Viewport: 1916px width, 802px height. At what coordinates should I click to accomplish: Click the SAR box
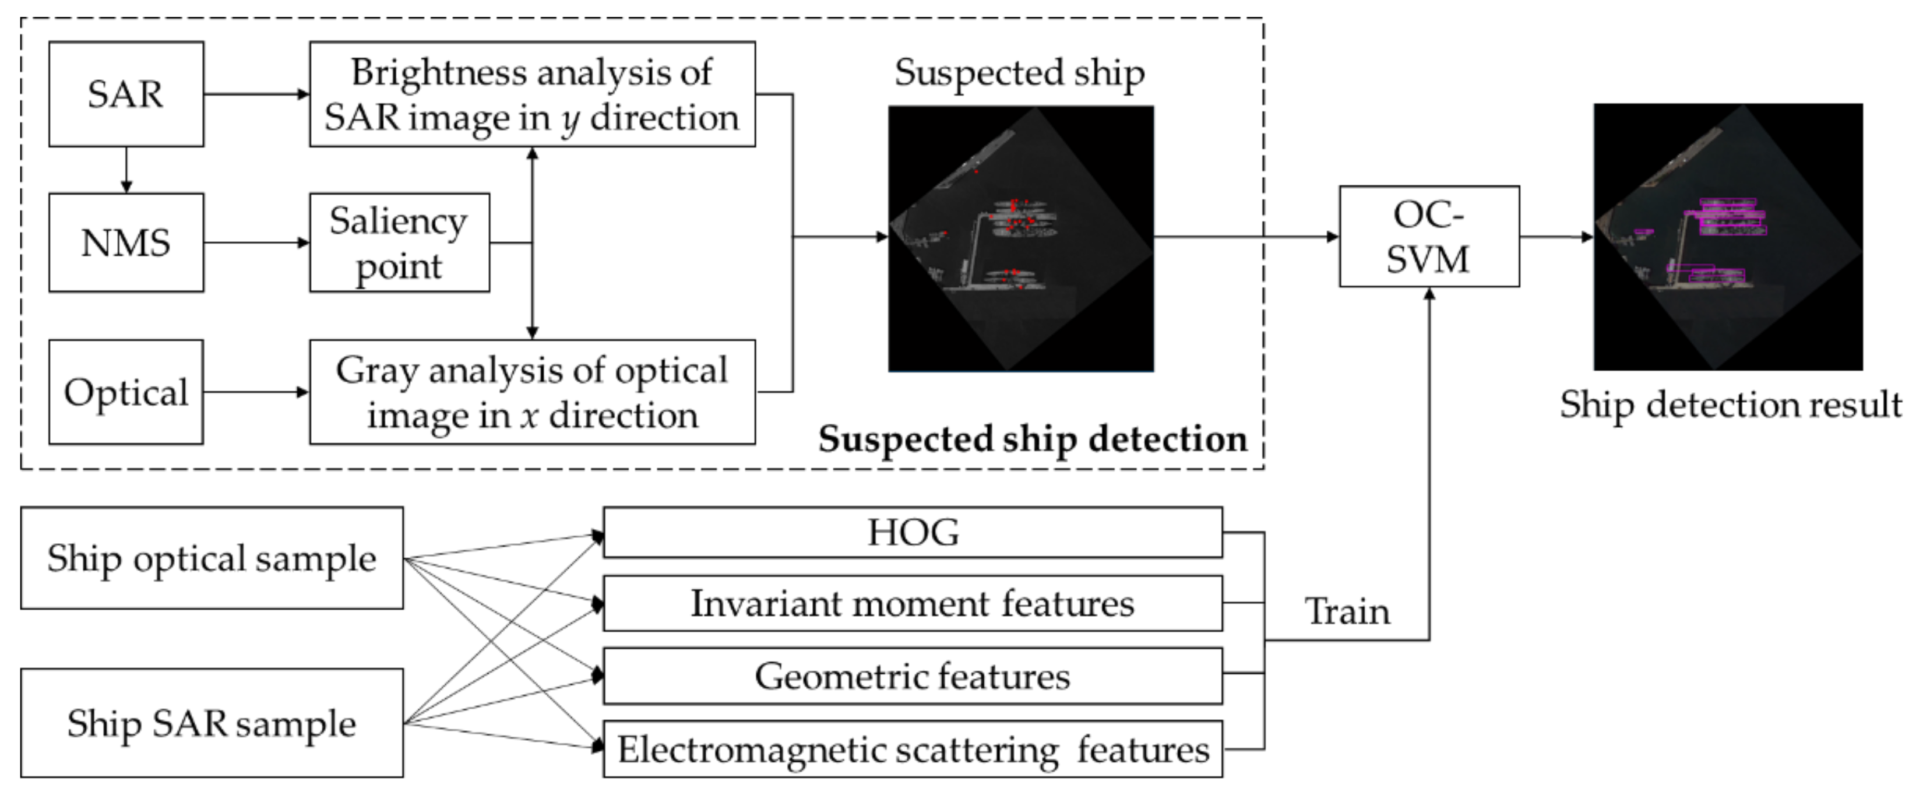point(126,94)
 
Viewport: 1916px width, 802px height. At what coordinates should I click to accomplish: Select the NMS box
point(126,242)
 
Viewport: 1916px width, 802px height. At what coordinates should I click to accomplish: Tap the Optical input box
point(126,392)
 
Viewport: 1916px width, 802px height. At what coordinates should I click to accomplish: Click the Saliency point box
point(399,242)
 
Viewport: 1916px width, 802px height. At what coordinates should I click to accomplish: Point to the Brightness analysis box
point(532,94)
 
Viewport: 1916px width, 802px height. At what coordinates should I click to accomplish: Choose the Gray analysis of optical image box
point(532,392)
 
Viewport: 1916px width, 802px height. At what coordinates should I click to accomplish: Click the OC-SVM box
point(1429,237)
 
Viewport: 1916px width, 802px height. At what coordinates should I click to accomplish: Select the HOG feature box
point(913,532)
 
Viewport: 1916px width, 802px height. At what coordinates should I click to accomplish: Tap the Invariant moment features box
point(913,603)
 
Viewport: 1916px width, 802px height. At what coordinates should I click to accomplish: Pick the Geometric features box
point(913,676)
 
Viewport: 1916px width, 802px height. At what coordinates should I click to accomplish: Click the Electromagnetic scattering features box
point(913,748)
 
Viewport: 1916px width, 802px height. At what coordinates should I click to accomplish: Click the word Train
point(1348,611)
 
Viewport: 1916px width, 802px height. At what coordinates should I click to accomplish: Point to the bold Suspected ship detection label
point(1033,439)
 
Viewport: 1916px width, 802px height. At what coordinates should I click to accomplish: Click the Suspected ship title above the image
point(1020,73)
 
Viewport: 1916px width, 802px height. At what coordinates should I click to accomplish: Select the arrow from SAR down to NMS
point(126,170)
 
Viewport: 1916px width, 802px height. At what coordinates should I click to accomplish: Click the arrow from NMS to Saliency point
point(256,242)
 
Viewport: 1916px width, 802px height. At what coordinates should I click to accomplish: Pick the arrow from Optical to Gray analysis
point(256,392)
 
